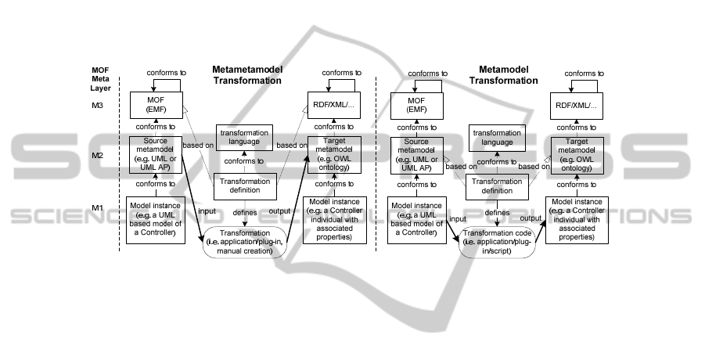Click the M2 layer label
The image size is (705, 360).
tap(96, 156)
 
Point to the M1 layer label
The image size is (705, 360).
tap(96, 207)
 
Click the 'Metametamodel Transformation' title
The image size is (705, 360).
tap(247, 74)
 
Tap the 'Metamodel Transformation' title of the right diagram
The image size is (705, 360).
tap(503, 74)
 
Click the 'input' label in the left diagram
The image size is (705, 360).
tap(207, 210)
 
